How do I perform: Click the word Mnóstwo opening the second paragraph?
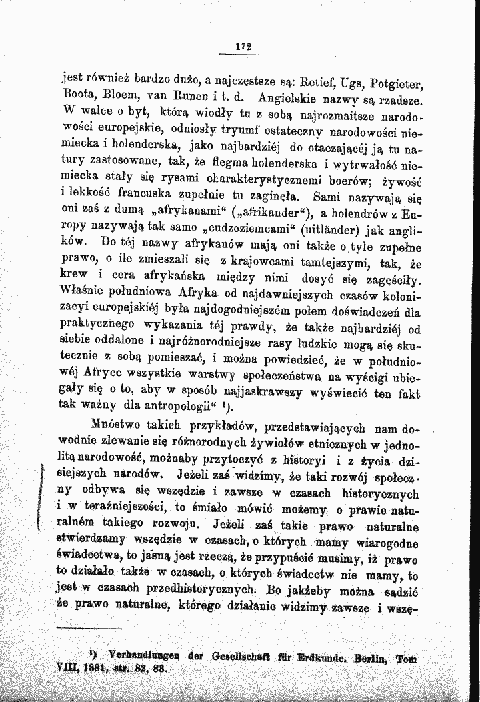pyautogui.click(x=117, y=424)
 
